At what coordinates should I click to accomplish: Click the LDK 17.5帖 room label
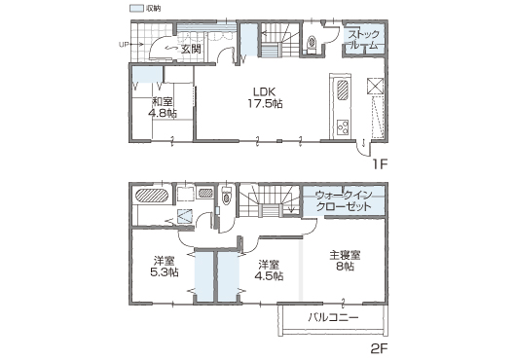(x=265, y=98)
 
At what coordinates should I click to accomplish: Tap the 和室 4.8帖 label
(x=163, y=107)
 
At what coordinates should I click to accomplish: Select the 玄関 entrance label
(x=191, y=49)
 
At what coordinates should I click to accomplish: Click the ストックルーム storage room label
(x=364, y=40)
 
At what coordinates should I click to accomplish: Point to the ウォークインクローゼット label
(x=344, y=200)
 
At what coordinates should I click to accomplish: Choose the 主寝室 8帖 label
(x=345, y=261)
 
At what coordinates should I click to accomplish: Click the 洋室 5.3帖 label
(x=165, y=267)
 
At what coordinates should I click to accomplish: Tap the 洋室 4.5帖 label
(x=269, y=270)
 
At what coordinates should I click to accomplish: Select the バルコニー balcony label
(x=333, y=317)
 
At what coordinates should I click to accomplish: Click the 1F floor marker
(x=380, y=163)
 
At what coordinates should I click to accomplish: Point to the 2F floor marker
(x=379, y=349)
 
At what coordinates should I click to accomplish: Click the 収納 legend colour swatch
(x=136, y=8)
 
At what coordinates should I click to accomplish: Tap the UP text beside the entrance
(x=124, y=44)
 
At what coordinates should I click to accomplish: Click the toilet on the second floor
(x=226, y=197)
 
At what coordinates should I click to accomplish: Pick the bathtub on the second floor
(x=152, y=196)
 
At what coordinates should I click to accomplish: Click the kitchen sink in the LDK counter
(x=343, y=90)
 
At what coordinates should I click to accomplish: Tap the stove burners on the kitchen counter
(x=343, y=126)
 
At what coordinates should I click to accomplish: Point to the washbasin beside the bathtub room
(x=205, y=193)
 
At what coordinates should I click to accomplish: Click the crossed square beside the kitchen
(x=375, y=87)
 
